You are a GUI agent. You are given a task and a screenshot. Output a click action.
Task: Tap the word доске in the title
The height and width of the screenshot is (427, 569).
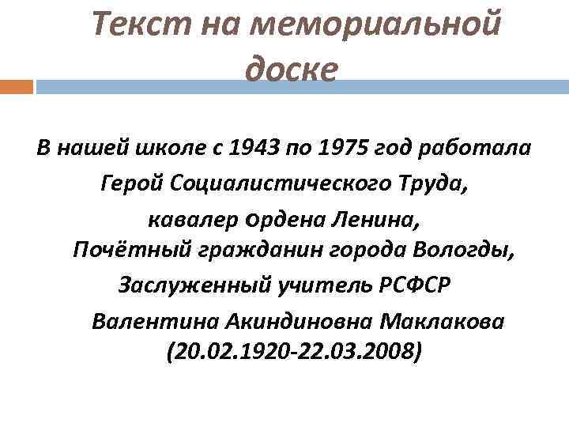291,70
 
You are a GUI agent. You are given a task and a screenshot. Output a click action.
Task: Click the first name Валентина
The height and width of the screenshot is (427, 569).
155,323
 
